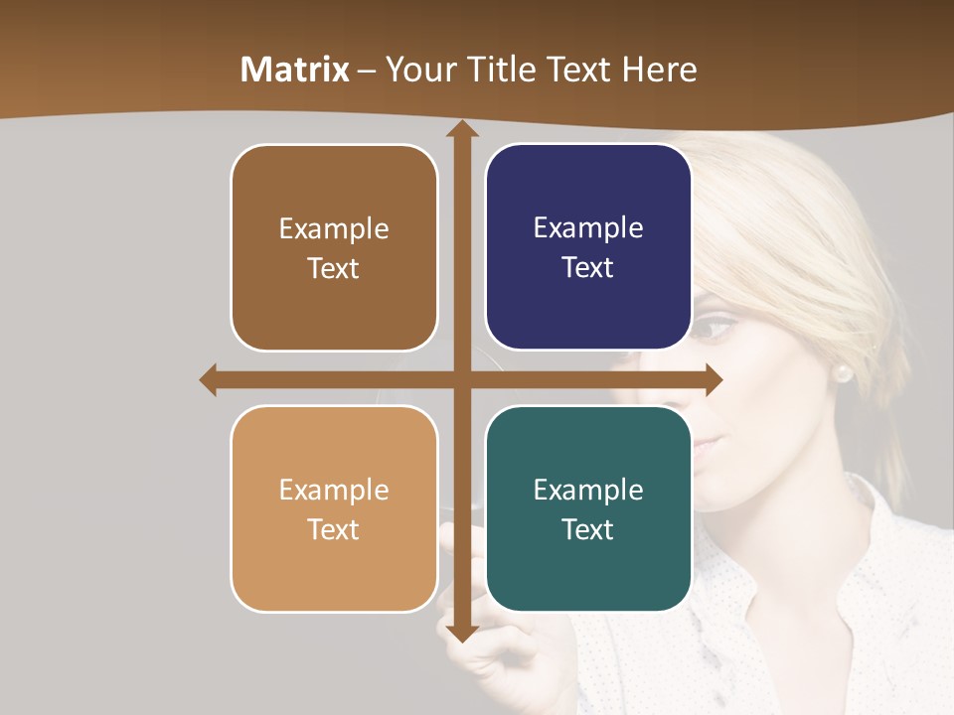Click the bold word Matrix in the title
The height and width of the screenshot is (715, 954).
(295, 70)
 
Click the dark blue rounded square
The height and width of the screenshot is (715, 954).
(588, 247)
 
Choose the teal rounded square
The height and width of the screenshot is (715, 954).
(588, 508)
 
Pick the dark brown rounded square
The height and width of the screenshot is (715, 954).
(334, 247)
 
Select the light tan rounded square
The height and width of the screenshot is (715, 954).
(334, 508)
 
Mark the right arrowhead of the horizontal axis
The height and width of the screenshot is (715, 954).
(714, 379)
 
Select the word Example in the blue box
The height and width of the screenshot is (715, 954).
(588, 228)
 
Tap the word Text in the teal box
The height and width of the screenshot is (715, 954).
(588, 529)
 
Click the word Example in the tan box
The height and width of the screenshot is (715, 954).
(334, 490)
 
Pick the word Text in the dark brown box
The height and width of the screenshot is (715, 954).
(334, 268)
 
